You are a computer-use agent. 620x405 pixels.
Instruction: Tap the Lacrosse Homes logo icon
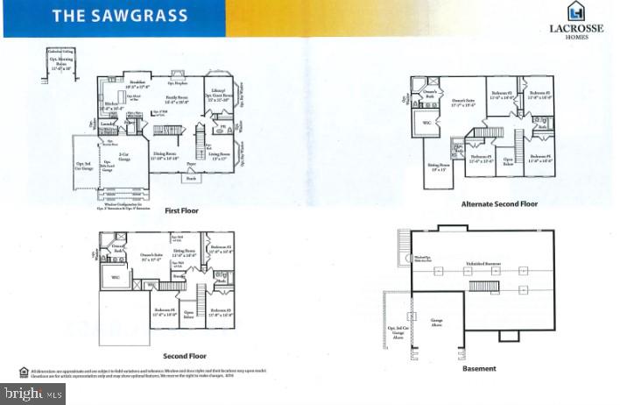tap(574, 11)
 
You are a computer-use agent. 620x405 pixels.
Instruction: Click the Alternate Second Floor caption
tap(498, 203)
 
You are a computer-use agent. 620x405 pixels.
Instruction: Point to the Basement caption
tap(479, 368)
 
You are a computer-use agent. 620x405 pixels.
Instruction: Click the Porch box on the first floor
tap(190, 179)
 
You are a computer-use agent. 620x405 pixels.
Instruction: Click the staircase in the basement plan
tap(484, 285)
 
